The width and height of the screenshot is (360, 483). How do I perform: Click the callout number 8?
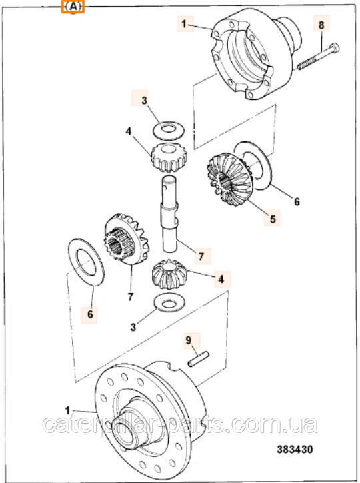point(321,25)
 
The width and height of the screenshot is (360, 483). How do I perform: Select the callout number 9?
point(188,340)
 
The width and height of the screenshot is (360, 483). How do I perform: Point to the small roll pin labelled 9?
point(199,359)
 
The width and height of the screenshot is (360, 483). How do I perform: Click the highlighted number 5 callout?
point(273,219)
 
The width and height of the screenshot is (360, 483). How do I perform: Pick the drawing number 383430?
point(295,449)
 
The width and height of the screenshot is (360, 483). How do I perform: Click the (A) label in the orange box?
point(73,7)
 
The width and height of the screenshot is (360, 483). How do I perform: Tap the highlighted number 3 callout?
point(144,101)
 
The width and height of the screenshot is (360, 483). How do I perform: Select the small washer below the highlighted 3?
point(169,129)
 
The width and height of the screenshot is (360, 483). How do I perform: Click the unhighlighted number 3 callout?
point(133,327)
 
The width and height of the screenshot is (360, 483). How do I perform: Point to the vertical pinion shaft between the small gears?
point(169,213)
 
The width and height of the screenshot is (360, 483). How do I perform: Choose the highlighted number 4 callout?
point(221,279)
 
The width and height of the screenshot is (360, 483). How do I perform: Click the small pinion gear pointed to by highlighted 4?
point(169,274)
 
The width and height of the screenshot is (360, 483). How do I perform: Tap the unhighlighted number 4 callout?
point(129,131)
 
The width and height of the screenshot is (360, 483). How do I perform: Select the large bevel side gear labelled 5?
point(230,180)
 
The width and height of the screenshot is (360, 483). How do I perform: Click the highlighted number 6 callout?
point(90,314)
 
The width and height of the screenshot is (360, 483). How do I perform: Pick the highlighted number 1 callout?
point(184,23)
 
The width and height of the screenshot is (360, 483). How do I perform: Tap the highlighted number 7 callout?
point(201,256)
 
